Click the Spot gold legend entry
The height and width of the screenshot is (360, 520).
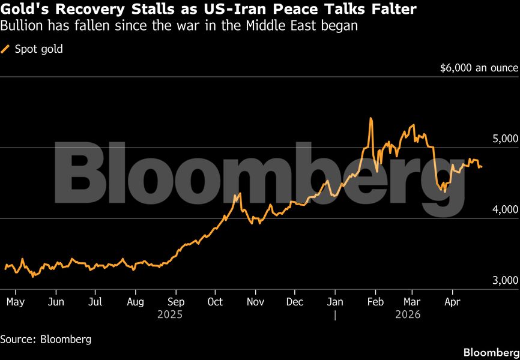[37, 49]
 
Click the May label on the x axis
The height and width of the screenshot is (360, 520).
[15, 302]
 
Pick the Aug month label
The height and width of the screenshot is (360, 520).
[136, 302]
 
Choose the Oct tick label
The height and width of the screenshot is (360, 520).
[215, 302]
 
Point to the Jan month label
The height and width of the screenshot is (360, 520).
[335, 302]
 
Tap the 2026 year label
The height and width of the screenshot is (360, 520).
[408, 314]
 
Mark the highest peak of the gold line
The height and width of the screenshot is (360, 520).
[370, 119]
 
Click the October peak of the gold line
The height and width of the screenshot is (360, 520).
[240, 193]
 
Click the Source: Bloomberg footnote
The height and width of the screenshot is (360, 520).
[46, 340]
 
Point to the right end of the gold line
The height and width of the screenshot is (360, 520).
[481, 167]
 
